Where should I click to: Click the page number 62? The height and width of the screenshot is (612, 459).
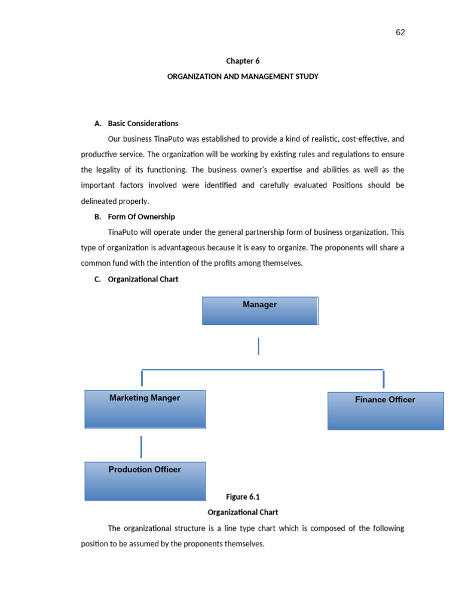click(x=400, y=32)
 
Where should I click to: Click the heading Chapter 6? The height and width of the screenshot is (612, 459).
click(x=243, y=61)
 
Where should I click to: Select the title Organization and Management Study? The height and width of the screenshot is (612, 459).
click(x=243, y=76)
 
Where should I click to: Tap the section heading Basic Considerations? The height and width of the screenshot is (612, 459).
click(x=143, y=124)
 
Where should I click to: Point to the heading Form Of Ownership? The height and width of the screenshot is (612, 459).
click(x=141, y=217)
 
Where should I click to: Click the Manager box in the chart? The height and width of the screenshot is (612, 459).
click(x=260, y=311)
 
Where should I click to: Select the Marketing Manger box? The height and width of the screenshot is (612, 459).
click(x=145, y=409)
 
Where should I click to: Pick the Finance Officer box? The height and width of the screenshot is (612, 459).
click(x=385, y=411)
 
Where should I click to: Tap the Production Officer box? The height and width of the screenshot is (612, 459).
click(x=145, y=481)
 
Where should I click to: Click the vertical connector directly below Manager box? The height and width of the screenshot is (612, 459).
click(x=259, y=346)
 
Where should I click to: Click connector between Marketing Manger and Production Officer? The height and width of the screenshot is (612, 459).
click(x=142, y=446)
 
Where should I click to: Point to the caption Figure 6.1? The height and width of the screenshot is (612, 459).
click(x=243, y=497)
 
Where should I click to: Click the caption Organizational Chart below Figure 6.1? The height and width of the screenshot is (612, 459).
click(x=243, y=512)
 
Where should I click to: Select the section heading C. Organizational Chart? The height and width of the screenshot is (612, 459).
click(x=143, y=279)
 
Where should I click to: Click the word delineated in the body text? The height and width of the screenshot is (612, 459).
click(x=100, y=201)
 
